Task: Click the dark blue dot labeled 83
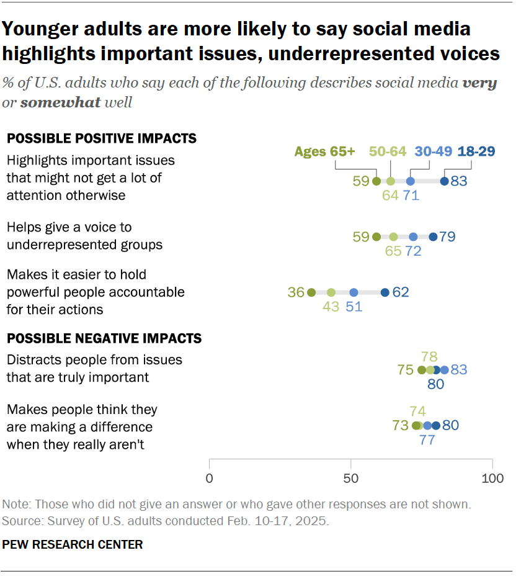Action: pos(444,181)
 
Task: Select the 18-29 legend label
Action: pos(476,151)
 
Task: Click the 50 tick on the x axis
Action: pos(351,479)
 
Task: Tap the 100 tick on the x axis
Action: pos(492,479)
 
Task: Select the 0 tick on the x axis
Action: pos(210,479)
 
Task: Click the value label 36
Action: pos(295,292)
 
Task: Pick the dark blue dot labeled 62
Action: pos(385,292)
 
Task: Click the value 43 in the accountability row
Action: pos(331,307)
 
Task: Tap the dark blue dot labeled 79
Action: pos(433,236)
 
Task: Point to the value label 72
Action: pos(414,251)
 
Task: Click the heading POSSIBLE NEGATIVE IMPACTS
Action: pos(104,338)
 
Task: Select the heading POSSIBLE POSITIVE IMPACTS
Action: pos(102,138)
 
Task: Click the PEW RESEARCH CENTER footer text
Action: pos(73,545)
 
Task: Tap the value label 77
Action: pos(427,440)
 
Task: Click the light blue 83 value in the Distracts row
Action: pos(459,369)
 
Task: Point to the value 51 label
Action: pos(354,307)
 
